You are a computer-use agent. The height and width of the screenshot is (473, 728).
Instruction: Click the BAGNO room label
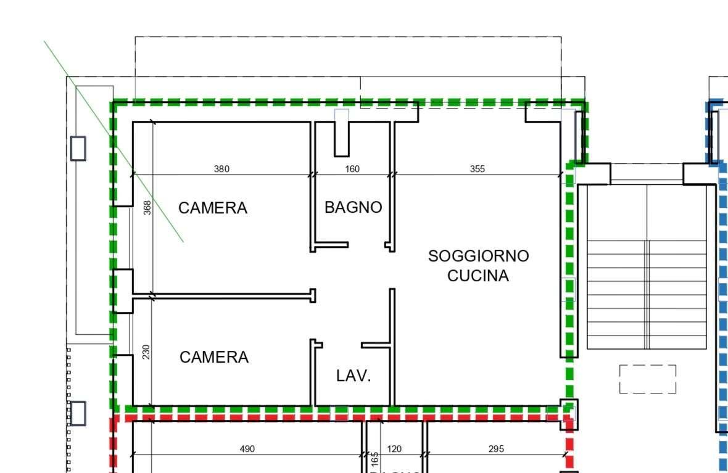click(353, 208)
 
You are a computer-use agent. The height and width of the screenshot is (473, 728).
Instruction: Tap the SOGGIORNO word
click(479, 256)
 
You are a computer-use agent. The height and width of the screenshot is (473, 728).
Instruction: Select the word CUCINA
click(478, 276)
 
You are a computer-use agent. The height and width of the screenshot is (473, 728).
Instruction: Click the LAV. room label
click(354, 376)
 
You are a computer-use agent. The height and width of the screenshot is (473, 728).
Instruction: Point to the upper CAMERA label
click(213, 208)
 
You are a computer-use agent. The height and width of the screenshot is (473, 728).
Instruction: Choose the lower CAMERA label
click(214, 357)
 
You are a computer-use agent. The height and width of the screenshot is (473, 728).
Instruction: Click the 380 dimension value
click(221, 169)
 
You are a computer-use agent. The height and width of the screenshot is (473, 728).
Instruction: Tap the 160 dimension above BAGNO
click(352, 169)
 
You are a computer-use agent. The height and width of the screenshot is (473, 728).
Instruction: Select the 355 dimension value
click(477, 169)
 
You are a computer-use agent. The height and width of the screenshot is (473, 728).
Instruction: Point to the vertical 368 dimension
click(147, 207)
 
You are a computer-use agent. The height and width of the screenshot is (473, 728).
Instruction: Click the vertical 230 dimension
click(146, 352)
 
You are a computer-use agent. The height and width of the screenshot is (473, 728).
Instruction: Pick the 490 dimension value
click(247, 449)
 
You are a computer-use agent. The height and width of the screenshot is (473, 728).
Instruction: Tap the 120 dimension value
click(394, 449)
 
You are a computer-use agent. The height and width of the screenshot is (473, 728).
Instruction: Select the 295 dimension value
click(496, 449)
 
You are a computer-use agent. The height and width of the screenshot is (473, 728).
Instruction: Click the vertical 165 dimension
click(374, 460)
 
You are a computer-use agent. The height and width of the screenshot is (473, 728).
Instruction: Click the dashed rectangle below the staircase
click(647, 379)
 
